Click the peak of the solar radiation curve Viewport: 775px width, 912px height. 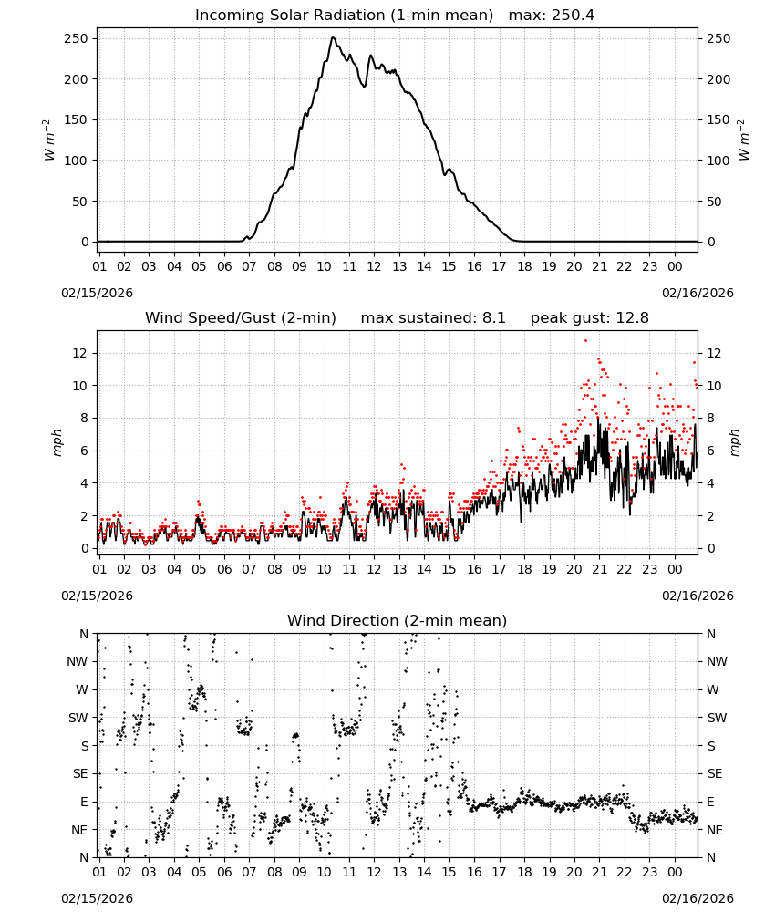(x=333, y=37)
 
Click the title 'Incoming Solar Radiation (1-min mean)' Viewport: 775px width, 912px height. (x=344, y=16)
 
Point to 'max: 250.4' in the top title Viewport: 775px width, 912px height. (x=552, y=16)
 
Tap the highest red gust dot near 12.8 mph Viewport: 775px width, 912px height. (x=585, y=341)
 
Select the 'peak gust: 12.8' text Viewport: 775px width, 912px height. (x=589, y=318)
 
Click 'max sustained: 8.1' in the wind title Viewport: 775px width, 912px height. (x=433, y=318)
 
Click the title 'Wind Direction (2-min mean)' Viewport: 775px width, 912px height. (x=398, y=620)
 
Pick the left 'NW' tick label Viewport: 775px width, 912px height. (x=77, y=662)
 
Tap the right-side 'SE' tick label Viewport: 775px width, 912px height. (x=715, y=774)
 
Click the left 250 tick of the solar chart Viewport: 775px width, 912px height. (x=77, y=39)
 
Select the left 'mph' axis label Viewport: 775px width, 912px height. (x=57, y=442)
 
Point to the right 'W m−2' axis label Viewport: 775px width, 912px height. (x=744, y=140)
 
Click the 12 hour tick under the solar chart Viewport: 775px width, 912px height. (x=374, y=266)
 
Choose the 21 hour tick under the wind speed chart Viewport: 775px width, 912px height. (x=599, y=569)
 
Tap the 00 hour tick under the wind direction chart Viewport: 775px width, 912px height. (x=675, y=873)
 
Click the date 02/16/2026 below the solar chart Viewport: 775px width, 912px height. (x=697, y=293)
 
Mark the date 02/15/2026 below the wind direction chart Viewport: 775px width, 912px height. (x=97, y=898)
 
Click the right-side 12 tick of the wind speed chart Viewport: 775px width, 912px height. (x=714, y=353)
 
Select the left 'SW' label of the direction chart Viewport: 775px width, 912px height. (x=77, y=719)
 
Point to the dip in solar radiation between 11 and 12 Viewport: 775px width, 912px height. (x=365, y=86)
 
